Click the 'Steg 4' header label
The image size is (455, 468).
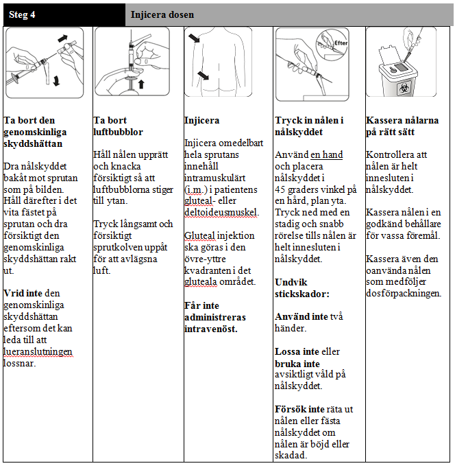coord(23,14)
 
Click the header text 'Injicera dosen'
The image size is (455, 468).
coord(162,14)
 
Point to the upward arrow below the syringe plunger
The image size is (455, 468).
coord(142,84)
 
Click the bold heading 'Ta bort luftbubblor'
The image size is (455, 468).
coord(118,126)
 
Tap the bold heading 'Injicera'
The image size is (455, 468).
coord(201,120)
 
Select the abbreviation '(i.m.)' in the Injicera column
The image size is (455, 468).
coord(199,189)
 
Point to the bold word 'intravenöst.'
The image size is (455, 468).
coord(211,329)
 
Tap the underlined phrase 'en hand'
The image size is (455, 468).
coord(326,155)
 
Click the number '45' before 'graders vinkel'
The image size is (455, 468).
coord(280,189)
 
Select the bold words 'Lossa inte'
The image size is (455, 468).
coord(297,351)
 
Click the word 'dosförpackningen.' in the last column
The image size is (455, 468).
coord(404,294)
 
